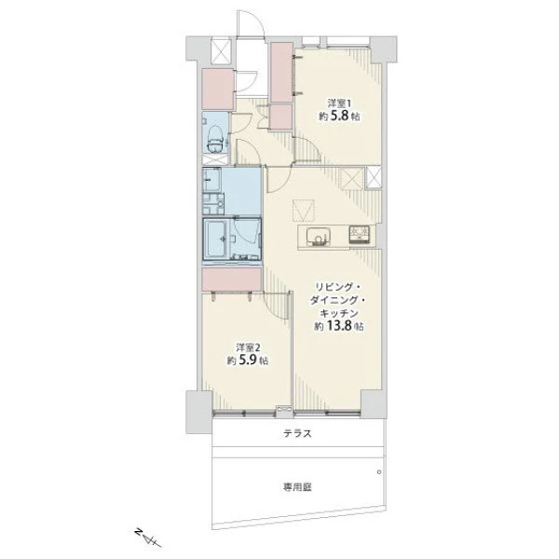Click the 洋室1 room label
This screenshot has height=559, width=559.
click(x=339, y=103)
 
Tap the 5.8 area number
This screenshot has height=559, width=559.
click(x=340, y=116)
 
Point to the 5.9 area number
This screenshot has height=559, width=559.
click(x=249, y=361)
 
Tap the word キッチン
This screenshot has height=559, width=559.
click(x=339, y=313)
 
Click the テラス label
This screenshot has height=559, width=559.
click(x=297, y=433)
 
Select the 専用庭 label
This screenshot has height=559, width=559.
click(x=297, y=487)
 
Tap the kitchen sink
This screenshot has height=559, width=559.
click(x=319, y=237)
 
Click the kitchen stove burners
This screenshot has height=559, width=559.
click(x=360, y=234)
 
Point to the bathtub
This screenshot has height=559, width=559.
click(x=217, y=239)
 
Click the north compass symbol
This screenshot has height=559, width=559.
click(x=148, y=539)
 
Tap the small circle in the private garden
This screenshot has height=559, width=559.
click(x=379, y=472)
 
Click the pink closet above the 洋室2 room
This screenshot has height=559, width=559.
click(x=232, y=279)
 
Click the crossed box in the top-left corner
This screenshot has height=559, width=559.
click(x=221, y=51)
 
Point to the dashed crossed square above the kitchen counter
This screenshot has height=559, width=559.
click(x=304, y=211)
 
